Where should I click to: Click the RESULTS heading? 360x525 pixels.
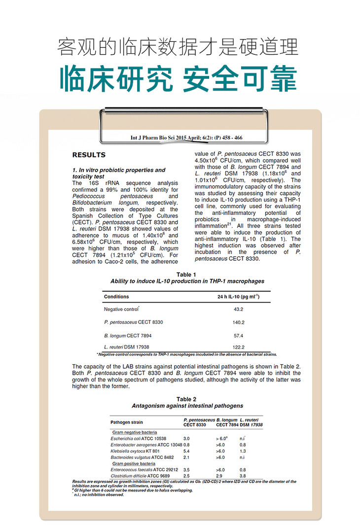[x=89, y=155]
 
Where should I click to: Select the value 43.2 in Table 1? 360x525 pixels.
[x=238, y=309]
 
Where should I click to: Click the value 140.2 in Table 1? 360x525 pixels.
[x=238, y=322]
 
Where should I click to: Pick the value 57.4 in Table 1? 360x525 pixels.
[x=238, y=335]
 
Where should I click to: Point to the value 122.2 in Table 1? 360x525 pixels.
[x=238, y=347]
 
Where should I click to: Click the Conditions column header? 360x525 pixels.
[x=116, y=297]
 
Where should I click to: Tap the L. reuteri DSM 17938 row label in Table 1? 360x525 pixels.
[x=127, y=347]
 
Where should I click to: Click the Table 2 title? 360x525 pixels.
[x=187, y=399]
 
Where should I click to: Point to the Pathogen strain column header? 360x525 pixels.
[x=127, y=422]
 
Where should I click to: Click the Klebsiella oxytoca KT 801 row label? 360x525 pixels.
[x=135, y=451]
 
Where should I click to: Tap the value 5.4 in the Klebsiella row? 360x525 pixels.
[x=186, y=451]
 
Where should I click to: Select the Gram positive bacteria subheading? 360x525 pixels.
[x=134, y=464]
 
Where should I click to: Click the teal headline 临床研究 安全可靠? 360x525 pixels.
[x=180, y=78]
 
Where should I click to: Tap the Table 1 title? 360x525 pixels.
[x=186, y=275]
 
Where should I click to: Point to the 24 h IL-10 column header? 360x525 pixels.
[x=238, y=297]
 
